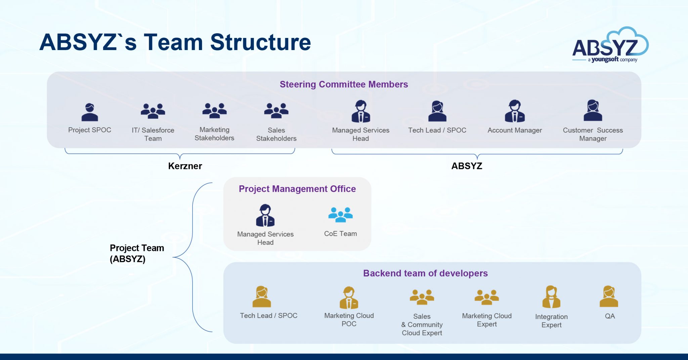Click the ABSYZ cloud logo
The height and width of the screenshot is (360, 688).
pyautogui.click(x=610, y=45)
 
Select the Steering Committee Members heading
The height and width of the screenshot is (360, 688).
pyautogui.click(x=344, y=84)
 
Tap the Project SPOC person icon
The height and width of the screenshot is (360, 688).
pyautogui.click(x=90, y=112)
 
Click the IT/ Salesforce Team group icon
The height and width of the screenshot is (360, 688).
pyautogui.click(x=153, y=111)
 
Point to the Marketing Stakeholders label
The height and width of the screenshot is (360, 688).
pyautogui.click(x=214, y=134)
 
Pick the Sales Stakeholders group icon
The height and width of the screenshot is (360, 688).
pyautogui.click(x=276, y=110)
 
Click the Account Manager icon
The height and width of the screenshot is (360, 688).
pyautogui.click(x=515, y=111)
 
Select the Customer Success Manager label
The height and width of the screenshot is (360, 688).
pyautogui.click(x=593, y=134)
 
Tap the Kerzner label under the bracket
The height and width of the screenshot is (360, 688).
pyautogui.click(x=185, y=166)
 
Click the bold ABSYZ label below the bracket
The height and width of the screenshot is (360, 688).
pyautogui.click(x=467, y=166)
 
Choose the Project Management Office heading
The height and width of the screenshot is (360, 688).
pyautogui.click(x=297, y=189)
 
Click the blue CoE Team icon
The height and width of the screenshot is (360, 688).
pyautogui.click(x=340, y=215)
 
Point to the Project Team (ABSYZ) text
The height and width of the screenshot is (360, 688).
pyautogui.click(x=137, y=253)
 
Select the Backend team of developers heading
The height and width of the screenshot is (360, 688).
pyautogui.click(x=425, y=273)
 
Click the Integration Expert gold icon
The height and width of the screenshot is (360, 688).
pyautogui.click(x=551, y=297)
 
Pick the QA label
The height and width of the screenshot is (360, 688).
pyautogui.click(x=610, y=316)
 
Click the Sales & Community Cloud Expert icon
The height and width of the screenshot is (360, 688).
pyautogui.click(x=422, y=297)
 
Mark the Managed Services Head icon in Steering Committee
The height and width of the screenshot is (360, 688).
pyautogui.click(x=360, y=111)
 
